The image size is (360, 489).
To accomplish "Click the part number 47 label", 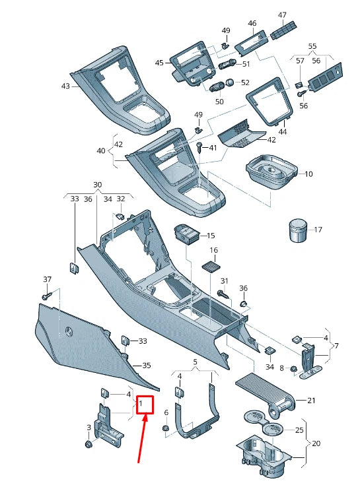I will [282, 15].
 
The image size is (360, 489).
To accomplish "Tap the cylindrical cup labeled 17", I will [295, 231].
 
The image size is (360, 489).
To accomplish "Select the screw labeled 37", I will [46, 297].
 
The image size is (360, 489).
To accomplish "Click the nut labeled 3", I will [89, 444].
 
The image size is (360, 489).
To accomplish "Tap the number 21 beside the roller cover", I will [311, 401].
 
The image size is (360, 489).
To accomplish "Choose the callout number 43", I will [65, 86].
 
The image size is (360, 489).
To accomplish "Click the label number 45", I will [159, 63].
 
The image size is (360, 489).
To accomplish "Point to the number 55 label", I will [312, 47].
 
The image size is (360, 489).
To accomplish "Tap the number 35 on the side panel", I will [147, 365].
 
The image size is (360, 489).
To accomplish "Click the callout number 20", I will [316, 443].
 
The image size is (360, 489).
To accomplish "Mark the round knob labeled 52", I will [231, 82].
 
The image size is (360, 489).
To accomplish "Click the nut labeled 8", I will [293, 368].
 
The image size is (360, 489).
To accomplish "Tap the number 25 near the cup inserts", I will [299, 430].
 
